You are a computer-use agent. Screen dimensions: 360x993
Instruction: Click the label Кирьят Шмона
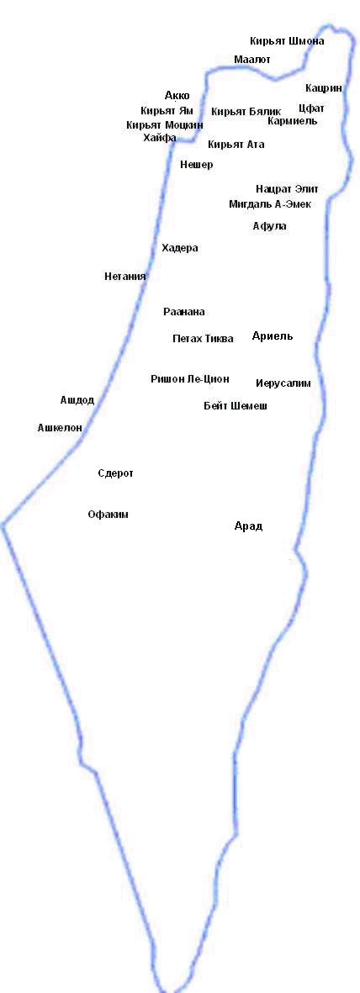pos(287,41)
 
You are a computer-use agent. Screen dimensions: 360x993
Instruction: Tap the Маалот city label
pos(252,60)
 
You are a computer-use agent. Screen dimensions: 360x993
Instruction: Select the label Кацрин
pos(324,88)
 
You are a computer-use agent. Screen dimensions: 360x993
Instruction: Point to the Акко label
pos(177,96)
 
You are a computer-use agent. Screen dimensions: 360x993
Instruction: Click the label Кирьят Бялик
pos(246,112)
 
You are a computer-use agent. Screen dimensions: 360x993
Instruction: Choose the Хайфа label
pos(160,138)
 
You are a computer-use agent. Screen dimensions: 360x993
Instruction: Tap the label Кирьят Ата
pos(236,145)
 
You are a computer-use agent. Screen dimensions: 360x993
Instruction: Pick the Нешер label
pos(197,166)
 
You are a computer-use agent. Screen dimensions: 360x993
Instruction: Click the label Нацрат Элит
pos(287,189)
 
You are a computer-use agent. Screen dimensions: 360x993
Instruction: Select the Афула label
pos(269,226)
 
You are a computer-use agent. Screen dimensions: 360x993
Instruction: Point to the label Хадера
pos(179,248)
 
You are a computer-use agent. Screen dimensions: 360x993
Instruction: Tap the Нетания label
pos(125,276)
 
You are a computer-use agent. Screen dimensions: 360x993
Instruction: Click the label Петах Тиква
pos(203,339)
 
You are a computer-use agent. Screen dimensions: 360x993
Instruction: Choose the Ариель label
pos(273,336)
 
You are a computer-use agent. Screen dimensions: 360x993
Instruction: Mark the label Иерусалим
pos(283,383)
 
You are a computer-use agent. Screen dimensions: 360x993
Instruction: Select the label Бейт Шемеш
pos(236,406)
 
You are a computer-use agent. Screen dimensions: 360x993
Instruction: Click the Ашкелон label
pos(60,428)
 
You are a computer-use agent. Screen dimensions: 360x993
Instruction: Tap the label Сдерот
pos(116,473)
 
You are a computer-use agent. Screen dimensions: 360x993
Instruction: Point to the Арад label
pos(248,526)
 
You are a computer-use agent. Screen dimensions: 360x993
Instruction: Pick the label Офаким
pos(108,515)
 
